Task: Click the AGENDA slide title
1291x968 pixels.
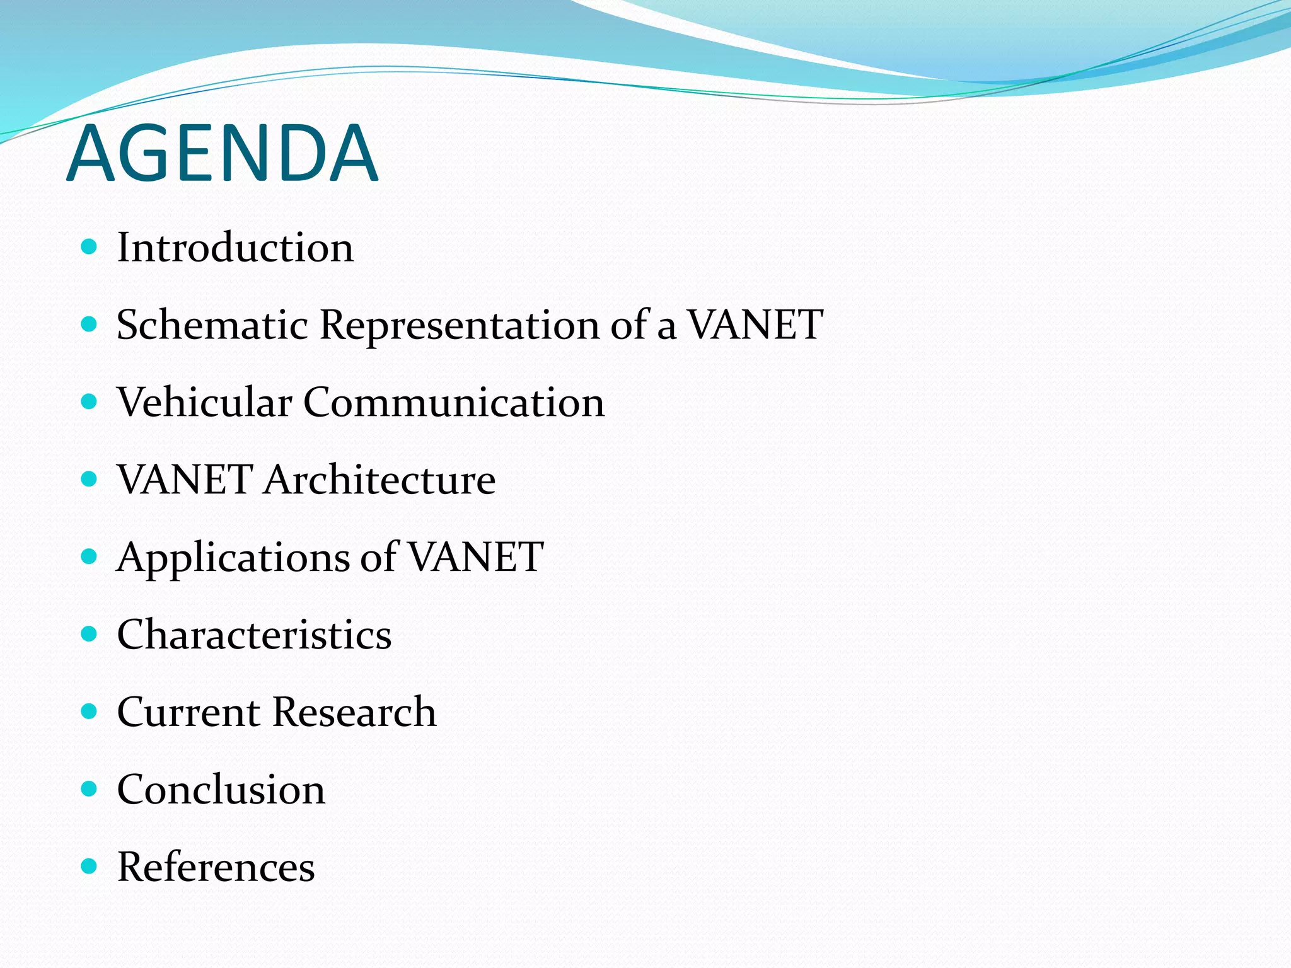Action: [222, 153]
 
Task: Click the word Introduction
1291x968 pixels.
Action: [235, 248]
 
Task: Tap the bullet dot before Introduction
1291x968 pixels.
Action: [90, 246]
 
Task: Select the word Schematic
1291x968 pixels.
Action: [212, 326]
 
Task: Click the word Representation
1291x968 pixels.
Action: [460, 326]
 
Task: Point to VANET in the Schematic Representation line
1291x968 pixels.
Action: [755, 325]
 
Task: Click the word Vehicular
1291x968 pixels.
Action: [204, 403]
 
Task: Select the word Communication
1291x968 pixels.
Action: [454, 403]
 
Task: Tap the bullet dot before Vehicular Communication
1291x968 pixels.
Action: [90, 401]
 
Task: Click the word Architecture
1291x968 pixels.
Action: [379, 480]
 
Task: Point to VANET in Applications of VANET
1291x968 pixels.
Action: [475, 557]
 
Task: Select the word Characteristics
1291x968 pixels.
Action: [254, 635]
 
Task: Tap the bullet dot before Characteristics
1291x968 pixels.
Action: [90, 634]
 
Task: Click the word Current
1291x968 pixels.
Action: [188, 713]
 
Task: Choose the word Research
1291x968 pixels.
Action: [354, 713]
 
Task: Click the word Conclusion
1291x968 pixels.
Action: [221, 790]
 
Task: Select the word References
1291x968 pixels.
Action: [216, 867]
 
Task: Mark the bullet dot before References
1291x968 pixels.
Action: [90, 867]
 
